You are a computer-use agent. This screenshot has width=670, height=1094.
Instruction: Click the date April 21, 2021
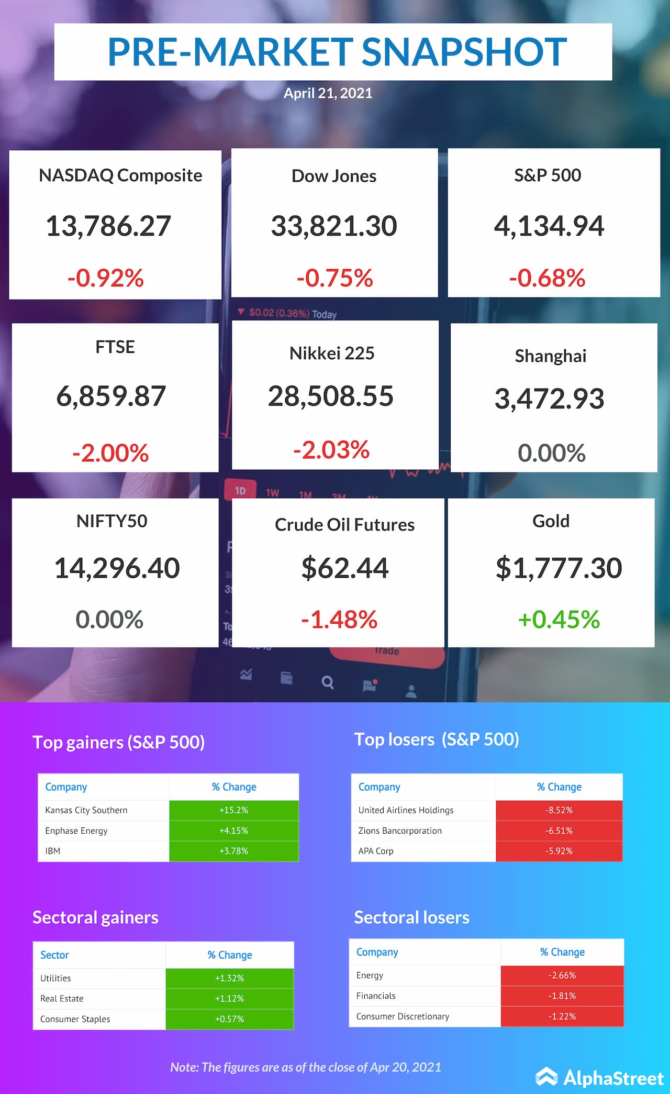click(x=328, y=93)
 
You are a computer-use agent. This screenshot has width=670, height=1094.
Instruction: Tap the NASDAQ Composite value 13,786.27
click(x=108, y=226)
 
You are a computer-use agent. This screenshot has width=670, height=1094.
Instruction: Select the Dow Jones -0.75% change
click(x=334, y=278)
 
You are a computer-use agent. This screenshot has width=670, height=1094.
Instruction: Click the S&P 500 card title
click(x=548, y=175)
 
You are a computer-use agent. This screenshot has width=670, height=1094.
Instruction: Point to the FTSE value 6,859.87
click(x=111, y=396)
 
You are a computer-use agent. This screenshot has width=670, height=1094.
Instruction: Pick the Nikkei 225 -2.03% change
click(x=331, y=450)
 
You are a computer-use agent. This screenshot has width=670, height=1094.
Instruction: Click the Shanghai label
click(x=551, y=356)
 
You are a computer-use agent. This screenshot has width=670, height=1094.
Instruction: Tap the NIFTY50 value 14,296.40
click(x=117, y=568)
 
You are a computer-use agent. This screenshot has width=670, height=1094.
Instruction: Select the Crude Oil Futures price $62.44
click(x=345, y=568)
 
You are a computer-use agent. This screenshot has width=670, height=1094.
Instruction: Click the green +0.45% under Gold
click(x=559, y=620)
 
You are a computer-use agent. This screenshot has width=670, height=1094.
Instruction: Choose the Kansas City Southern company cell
click(x=86, y=810)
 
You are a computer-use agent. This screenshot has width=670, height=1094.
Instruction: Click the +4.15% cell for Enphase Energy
click(x=233, y=831)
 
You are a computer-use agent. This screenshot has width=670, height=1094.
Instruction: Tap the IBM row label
click(x=53, y=851)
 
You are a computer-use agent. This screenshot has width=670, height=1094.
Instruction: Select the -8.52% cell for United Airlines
click(x=559, y=810)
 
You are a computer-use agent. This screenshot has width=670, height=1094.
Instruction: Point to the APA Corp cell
click(x=376, y=851)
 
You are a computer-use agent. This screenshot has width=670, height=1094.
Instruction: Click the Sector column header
click(x=54, y=955)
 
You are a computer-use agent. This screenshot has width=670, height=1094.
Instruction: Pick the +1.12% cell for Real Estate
click(x=229, y=998)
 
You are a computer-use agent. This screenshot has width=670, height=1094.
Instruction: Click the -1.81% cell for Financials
click(x=562, y=996)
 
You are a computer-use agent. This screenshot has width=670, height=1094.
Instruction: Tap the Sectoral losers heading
click(x=411, y=917)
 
